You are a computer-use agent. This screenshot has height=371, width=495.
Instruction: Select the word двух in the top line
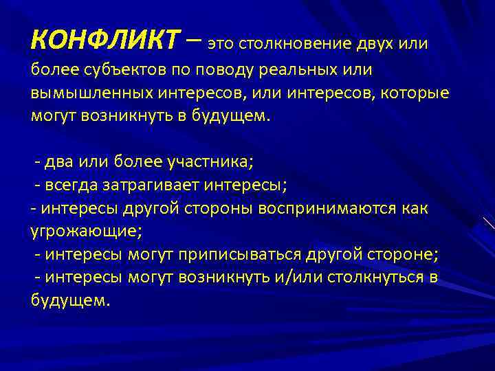(378, 44)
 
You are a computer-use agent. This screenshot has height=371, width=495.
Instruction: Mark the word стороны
(220, 208)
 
